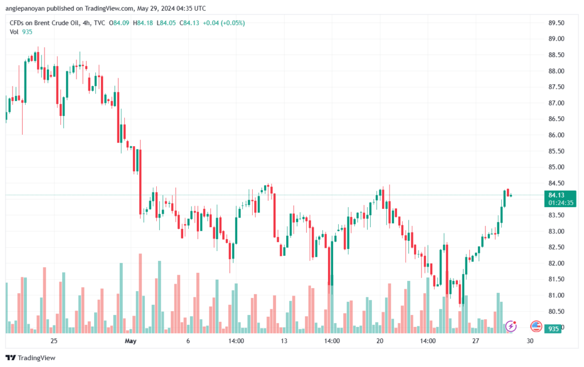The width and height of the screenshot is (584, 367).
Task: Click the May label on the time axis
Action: coord(131,341)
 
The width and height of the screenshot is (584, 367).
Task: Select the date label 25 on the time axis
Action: coord(54,341)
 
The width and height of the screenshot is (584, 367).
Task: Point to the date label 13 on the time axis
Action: coord(283,341)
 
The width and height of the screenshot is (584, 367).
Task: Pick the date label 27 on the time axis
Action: coord(475,341)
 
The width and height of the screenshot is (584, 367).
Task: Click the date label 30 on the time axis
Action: coord(530,341)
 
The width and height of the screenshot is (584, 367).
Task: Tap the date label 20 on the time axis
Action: coord(380,341)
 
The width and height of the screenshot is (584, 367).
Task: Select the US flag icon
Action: coord(536,326)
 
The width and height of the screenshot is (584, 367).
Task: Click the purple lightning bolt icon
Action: coord(512,326)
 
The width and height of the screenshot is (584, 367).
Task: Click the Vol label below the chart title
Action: coord(14,32)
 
